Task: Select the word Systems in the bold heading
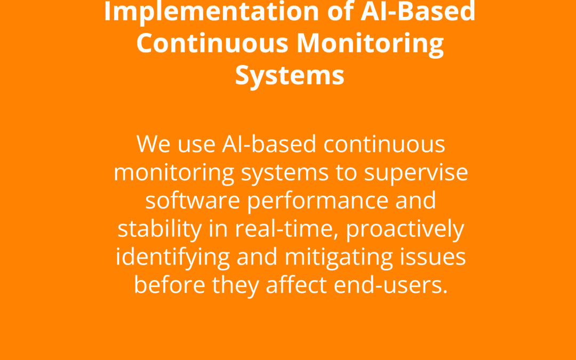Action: point(290,76)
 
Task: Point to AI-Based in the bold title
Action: point(418,11)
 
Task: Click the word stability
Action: point(160,229)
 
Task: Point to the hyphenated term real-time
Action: point(286,229)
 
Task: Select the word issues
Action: point(433,257)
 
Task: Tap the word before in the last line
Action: point(170,285)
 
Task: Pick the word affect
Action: point(297,285)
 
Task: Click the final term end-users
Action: point(391,285)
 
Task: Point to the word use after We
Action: point(196,145)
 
